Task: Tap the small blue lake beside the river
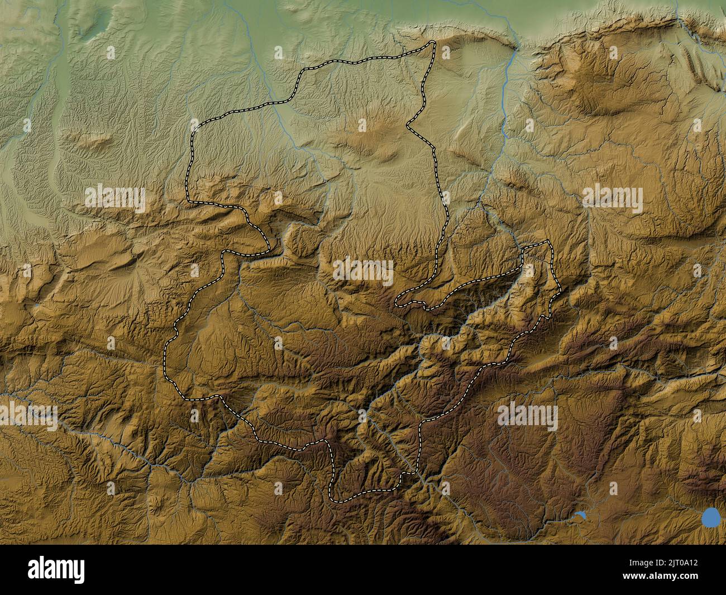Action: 580,516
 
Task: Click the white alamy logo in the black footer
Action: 57,569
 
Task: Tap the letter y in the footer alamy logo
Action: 80,572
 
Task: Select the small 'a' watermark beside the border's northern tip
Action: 446,53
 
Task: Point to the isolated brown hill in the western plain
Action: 92,140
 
